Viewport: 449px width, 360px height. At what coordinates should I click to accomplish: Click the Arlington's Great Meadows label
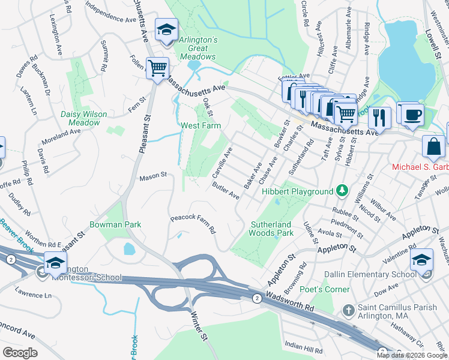point(197,48)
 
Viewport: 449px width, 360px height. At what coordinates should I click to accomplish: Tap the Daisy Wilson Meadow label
point(83,118)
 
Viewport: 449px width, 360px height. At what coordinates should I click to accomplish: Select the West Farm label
point(200,126)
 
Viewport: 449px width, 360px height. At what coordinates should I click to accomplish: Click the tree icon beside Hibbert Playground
point(342,191)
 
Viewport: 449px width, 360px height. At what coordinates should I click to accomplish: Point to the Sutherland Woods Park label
point(271,228)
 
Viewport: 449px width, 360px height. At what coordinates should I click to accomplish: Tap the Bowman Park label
point(115,224)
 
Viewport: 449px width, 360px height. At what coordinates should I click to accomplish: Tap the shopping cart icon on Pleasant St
point(157,68)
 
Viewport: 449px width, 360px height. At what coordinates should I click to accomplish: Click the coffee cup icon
point(411,114)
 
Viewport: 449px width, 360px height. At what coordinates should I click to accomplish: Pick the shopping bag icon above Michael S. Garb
point(433,146)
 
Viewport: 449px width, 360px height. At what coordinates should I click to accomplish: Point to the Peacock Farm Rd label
point(193,224)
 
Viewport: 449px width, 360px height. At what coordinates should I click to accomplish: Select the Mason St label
point(152,177)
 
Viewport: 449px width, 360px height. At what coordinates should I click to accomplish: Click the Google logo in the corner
point(21,352)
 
